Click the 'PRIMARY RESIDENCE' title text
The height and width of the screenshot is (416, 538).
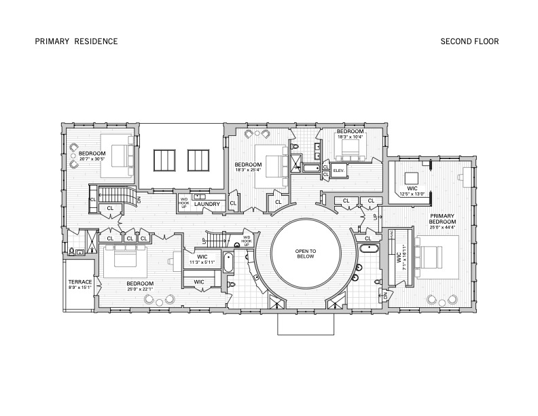point(76,41)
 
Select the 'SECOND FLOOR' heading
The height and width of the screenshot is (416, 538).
point(469,41)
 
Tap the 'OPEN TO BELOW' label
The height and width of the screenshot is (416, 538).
point(305,254)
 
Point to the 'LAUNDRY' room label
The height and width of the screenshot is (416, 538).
point(207,203)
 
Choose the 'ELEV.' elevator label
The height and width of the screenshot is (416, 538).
point(338,170)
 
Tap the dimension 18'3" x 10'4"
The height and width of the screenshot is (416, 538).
point(351,137)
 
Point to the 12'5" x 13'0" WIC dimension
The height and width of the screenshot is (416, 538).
point(412,194)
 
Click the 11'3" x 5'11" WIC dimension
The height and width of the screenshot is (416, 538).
point(202,262)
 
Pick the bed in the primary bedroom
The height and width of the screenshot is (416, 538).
point(431,257)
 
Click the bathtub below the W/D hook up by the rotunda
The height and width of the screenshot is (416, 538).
point(228,262)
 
